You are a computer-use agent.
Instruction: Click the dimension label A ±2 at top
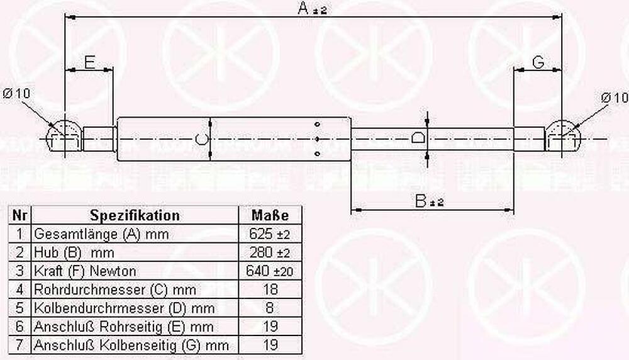(312, 8)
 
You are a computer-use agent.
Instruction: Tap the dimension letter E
(90, 62)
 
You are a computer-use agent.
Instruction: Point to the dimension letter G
(538, 62)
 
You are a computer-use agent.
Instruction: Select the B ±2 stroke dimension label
(429, 201)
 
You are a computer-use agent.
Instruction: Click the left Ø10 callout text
(16, 94)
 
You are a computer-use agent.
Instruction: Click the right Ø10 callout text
(614, 98)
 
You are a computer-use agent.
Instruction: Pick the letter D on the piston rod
(418, 138)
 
